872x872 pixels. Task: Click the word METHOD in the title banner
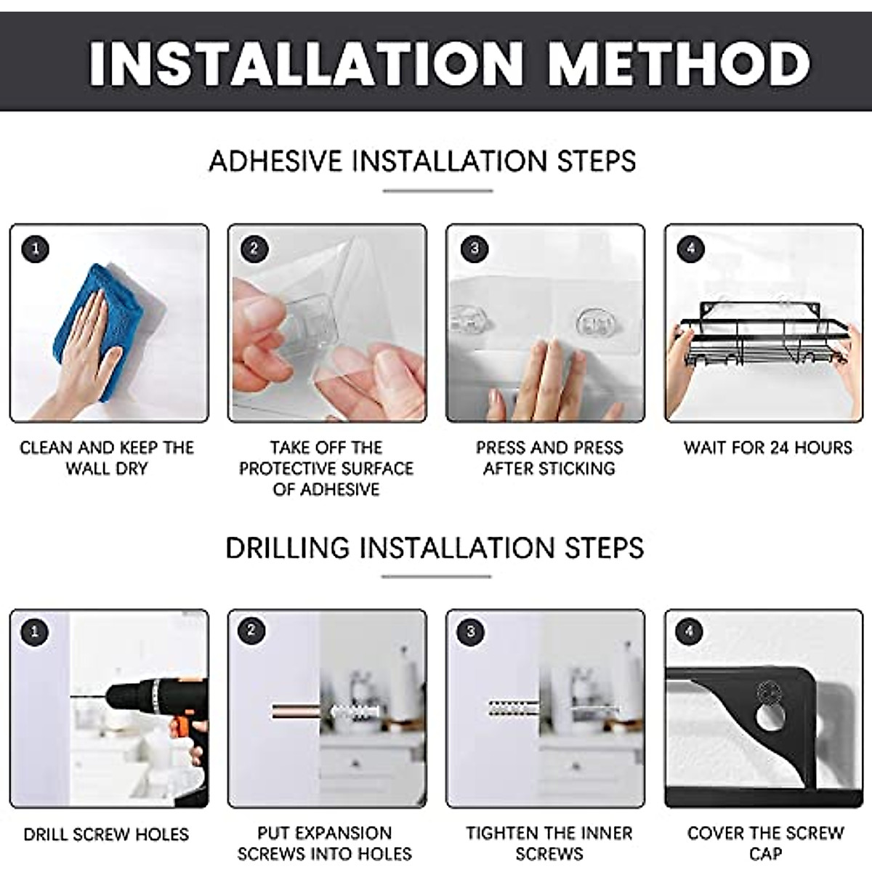point(679,64)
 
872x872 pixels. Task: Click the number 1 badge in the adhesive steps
point(35,249)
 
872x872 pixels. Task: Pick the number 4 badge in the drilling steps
point(689,631)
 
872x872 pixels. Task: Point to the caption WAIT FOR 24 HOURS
point(767,448)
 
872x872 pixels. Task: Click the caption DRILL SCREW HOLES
point(106,834)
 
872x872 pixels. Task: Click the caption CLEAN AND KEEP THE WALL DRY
point(107,458)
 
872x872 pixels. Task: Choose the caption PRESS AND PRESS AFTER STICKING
point(549,458)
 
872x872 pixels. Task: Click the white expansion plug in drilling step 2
point(352,710)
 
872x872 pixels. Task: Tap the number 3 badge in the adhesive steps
point(474,249)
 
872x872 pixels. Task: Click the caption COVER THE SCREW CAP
point(765,842)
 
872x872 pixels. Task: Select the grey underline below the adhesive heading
point(437,191)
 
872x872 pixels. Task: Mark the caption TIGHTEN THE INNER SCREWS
point(549,843)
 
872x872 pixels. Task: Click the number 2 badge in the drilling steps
point(252,631)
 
